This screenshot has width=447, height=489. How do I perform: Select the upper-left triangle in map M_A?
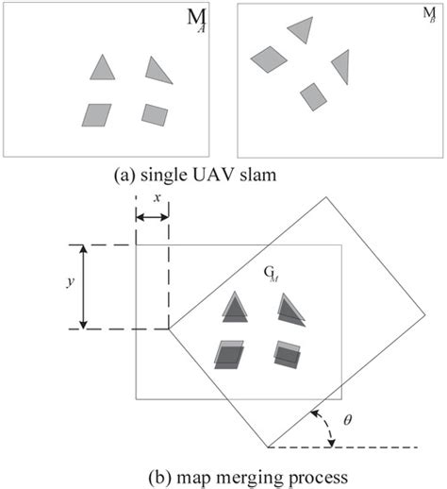pos(102,68)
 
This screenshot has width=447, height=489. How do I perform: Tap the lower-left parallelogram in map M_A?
pos(95,114)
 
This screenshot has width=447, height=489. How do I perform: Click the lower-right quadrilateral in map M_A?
pos(155,114)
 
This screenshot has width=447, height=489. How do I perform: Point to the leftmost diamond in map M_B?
pos(269,59)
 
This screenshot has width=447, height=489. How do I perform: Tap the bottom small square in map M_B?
pos(314,95)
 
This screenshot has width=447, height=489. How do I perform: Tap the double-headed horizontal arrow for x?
pos(152,218)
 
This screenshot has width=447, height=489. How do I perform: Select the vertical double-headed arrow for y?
pos(83,287)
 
